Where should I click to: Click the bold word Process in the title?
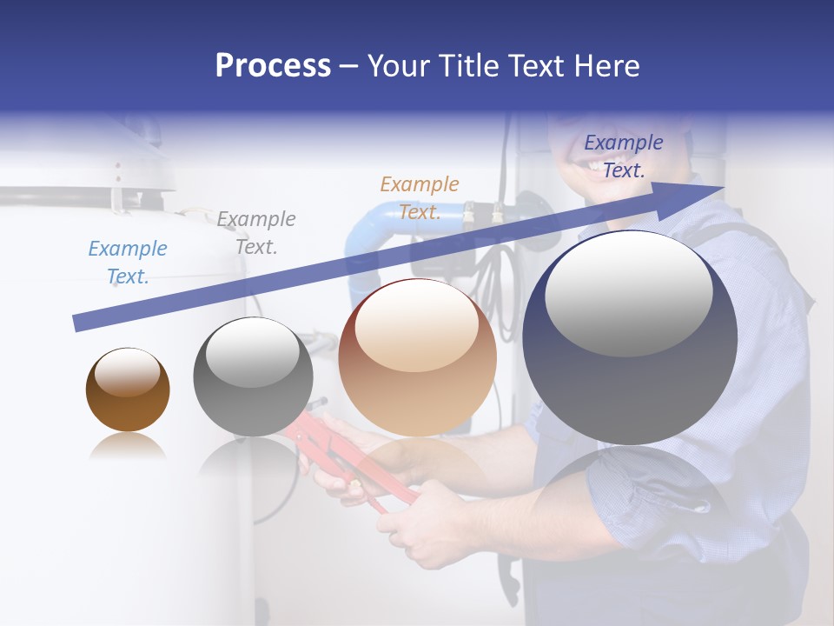pyautogui.click(x=273, y=65)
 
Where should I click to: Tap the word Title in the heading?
pyautogui.click(x=469, y=66)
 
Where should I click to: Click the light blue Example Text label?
pyautogui.click(x=127, y=263)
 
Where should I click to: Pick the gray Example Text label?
pyautogui.click(x=255, y=233)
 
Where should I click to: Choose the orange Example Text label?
pyautogui.click(x=419, y=198)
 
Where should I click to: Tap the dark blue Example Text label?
pyautogui.click(x=623, y=156)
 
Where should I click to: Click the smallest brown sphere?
pyautogui.click(x=128, y=390)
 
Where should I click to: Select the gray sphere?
pyautogui.click(x=253, y=376)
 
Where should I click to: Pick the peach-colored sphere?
pyautogui.click(x=417, y=358)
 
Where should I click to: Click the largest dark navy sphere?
pyautogui.click(x=630, y=337)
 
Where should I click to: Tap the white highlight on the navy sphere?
pyautogui.click(x=628, y=293)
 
